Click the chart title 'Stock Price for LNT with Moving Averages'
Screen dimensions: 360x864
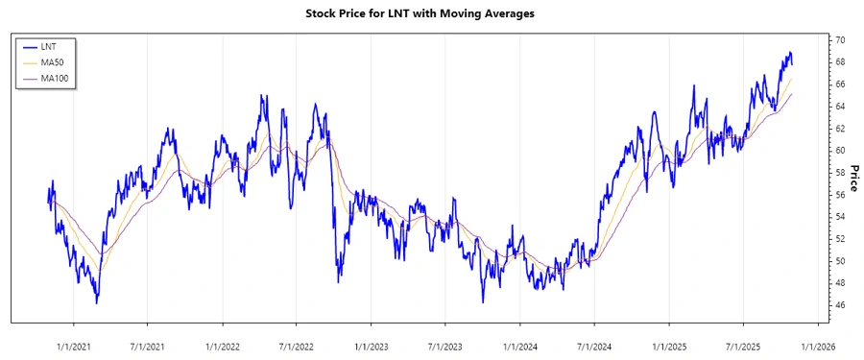pos(432,13)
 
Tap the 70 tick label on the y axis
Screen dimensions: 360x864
pos(839,40)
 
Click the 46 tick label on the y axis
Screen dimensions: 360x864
pos(839,305)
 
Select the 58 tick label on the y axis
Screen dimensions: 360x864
pos(839,173)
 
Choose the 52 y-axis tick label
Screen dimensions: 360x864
pos(839,239)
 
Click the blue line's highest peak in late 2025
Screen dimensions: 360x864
pos(789,52)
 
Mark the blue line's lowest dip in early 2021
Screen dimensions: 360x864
pos(97,303)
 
